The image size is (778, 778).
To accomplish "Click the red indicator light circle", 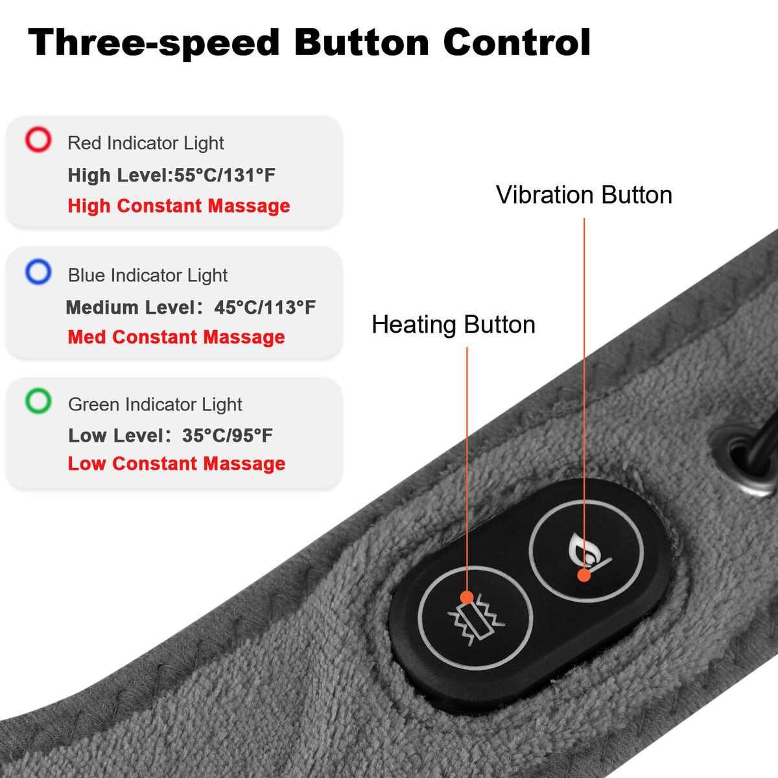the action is [x=38, y=128].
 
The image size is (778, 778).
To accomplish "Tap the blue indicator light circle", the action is [x=38, y=259].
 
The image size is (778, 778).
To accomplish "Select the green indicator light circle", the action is [x=38, y=389].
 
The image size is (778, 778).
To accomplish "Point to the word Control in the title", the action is [x=517, y=42].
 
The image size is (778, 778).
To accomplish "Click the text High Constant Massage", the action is [x=179, y=206].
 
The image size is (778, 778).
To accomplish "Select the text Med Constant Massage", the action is [x=176, y=337].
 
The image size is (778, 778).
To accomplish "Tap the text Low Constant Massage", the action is [x=176, y=464].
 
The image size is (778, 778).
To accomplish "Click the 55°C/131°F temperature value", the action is [x=224, y=175].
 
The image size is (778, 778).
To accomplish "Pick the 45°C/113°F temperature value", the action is [x=265, y=308].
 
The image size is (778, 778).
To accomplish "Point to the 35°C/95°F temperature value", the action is [x=228, y=436].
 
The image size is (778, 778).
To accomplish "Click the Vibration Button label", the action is [x=583, y=195].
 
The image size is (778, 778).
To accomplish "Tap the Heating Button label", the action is [x=453, y=325].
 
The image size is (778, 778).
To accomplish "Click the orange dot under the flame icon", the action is [x=583, y=575].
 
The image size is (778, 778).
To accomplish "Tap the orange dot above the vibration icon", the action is [x=467, y=597].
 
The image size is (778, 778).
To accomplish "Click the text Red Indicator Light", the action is [x=146, y=143].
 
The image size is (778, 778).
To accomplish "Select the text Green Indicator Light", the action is [x=155, y=405].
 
